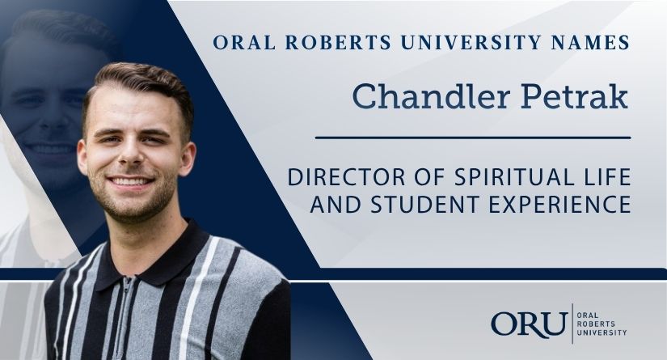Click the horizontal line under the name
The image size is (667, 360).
(x=473, y=138)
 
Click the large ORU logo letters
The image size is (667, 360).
(x=530, y=324)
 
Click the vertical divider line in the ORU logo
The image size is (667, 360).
(x=572, y=324)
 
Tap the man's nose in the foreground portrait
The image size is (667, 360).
(x=132, y=155)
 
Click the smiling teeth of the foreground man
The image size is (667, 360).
(x=131, y=182)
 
